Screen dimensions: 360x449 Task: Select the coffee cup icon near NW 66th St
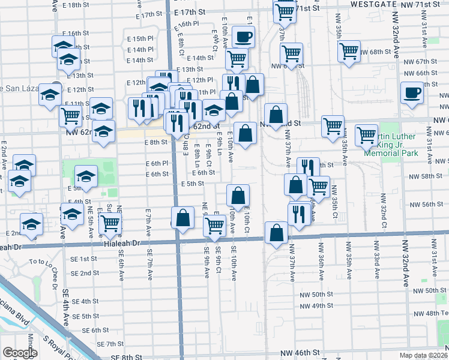tap(412, 94)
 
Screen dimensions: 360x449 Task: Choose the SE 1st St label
tap(84, 259)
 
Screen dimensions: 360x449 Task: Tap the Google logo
tap(20, 353)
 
